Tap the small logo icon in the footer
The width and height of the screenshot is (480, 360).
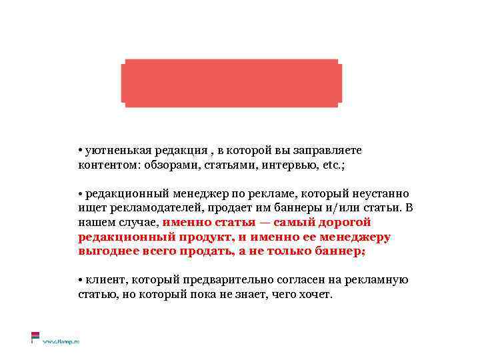(35, 337)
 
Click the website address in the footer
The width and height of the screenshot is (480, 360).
(61, 341)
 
